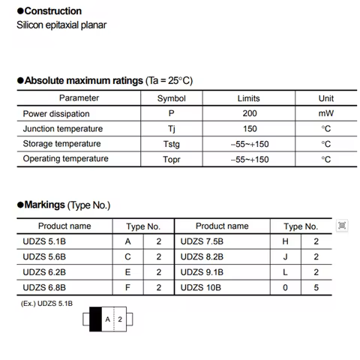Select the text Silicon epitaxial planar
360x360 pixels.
(x=61, y=25)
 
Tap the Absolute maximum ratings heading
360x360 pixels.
(x=104, y=80)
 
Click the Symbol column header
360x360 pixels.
(x=171, y=98)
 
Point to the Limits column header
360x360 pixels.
(x=249, y=98)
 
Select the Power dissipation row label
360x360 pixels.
(x=56, y=113)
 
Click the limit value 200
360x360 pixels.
(x=249, y=113)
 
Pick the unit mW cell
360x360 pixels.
(x=325, y=113)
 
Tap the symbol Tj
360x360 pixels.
(x=171, y=128)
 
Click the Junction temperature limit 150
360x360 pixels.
(x=249, y=128)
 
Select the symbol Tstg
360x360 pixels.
(x=171, y=143)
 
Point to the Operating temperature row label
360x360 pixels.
(x=65, y=158)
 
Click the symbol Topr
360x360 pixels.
(x=171, y=159)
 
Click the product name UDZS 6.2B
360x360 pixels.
(x=45, y=271)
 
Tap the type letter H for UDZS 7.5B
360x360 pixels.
(x=285, y=241)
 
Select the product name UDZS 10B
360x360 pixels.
(x=200, y=286)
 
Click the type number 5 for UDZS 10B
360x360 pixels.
(x=316, y=286)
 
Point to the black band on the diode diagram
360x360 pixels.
(x=94, y=319)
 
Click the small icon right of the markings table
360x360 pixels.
(x=342, y=225)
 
